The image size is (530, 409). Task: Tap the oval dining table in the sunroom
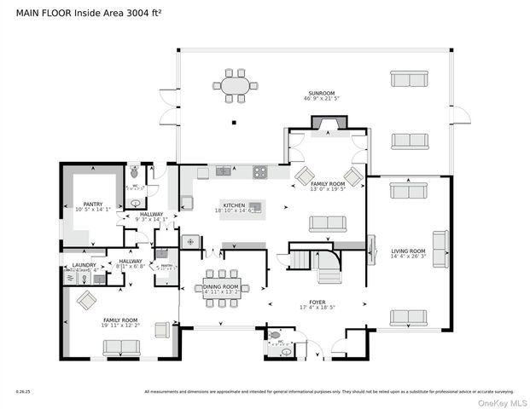pos(235,86)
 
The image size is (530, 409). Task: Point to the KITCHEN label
pos(235,204)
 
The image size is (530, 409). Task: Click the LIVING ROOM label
pos(408,251)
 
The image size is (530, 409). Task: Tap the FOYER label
pos(317,302)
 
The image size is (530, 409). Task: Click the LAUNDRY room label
pos(84,265)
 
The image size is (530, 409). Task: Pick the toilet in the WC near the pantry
pos(134,173)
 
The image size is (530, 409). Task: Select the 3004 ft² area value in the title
pos(146,12)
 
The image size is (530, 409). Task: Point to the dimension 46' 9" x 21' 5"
pos(322,99)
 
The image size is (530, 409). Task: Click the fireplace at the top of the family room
pos(328,124)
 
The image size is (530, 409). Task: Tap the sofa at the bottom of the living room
pos(408,317)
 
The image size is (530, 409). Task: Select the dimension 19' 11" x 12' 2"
pos(120,326)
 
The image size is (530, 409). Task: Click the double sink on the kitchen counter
pos(224,171)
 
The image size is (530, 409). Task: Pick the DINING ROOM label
pos(222,285)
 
